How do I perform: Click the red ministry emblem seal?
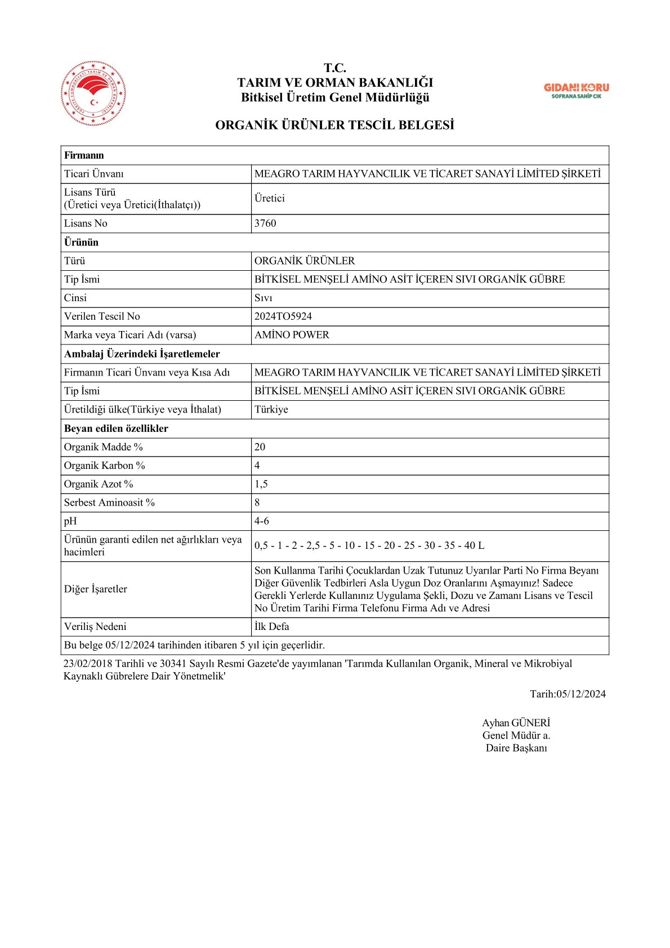click(93, 93)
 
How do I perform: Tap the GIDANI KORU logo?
click(576, 90)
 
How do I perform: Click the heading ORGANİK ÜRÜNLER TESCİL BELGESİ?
click(334, 125)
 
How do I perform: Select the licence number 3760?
click(265, 223)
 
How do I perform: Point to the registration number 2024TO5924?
click(283, 316)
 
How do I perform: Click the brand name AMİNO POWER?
click(292, 335)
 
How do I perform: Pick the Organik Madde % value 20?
click(260, 447)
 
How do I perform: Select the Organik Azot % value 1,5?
click(261, 484)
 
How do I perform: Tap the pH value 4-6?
click(261, 521)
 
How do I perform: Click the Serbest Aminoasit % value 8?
click(257, 503)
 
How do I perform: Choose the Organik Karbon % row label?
click(104, 466)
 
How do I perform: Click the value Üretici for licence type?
click(269, 198)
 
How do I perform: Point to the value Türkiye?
click(271, 409)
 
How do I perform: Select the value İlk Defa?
click(271, 627)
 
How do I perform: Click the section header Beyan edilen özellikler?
click(116, 428)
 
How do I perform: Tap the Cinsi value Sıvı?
click(263, 298)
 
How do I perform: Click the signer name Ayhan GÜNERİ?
click(516, 723)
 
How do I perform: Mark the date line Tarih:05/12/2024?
click(568, 694)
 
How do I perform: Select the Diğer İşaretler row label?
click(95, 589)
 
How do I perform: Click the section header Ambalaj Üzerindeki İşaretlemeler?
click(142, 354)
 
